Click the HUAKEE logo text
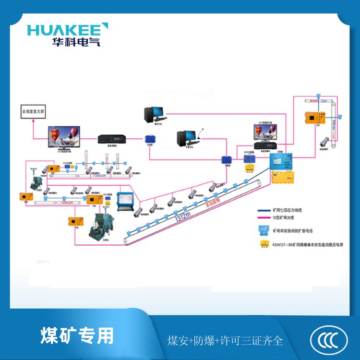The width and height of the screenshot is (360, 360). (x=67, y=29)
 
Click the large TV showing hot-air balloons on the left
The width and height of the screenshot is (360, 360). (x=64, y=137)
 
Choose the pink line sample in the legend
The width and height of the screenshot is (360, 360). (x=264, y=219)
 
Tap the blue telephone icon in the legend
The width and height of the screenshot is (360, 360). (x=264, y=230)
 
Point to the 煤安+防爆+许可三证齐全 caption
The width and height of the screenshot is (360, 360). (x=225, y=341)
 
